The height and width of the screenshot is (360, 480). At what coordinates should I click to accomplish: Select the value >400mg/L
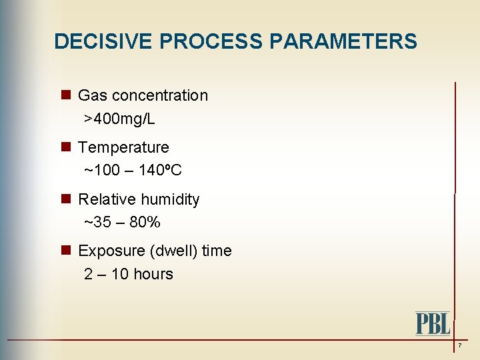coord(119,119)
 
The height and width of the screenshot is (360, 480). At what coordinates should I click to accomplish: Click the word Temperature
coord(123,147)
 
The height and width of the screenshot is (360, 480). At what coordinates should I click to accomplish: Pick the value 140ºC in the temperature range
coord(160,171)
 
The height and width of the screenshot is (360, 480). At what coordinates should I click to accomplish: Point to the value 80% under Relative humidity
coord(145,223)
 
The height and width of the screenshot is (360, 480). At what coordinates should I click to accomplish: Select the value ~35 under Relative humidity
coord(97,223)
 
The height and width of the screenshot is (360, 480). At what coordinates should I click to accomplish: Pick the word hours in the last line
coord(153,274)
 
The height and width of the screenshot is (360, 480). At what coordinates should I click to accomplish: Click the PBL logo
coord(433,323)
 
